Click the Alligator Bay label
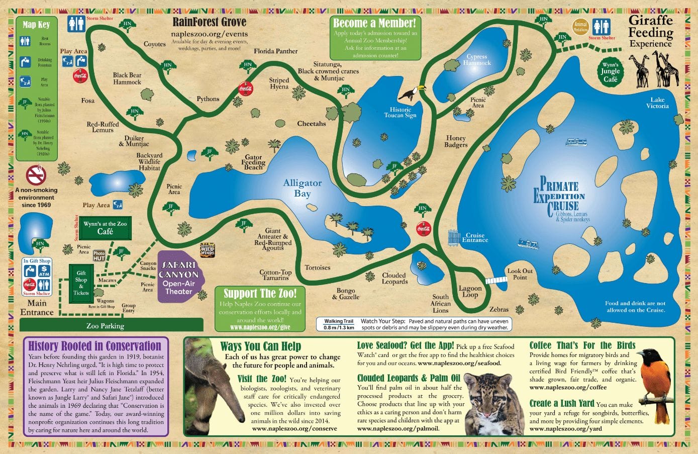(302, 189)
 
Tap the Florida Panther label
(275, 51)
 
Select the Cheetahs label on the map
(311, 124)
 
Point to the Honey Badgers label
(456, 141)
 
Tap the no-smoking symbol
(36, 175)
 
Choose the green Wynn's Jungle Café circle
(610, 72)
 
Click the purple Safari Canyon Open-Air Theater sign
(179, 276)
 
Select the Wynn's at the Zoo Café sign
(105, 228)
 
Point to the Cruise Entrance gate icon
(454, 237)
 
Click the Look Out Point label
(520, 274)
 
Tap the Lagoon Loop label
(470, 292)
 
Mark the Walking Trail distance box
(339, 324)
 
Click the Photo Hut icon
(99, 256)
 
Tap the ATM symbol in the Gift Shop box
(44, 271)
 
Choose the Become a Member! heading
(374, 23)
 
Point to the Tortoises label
(318, 267)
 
